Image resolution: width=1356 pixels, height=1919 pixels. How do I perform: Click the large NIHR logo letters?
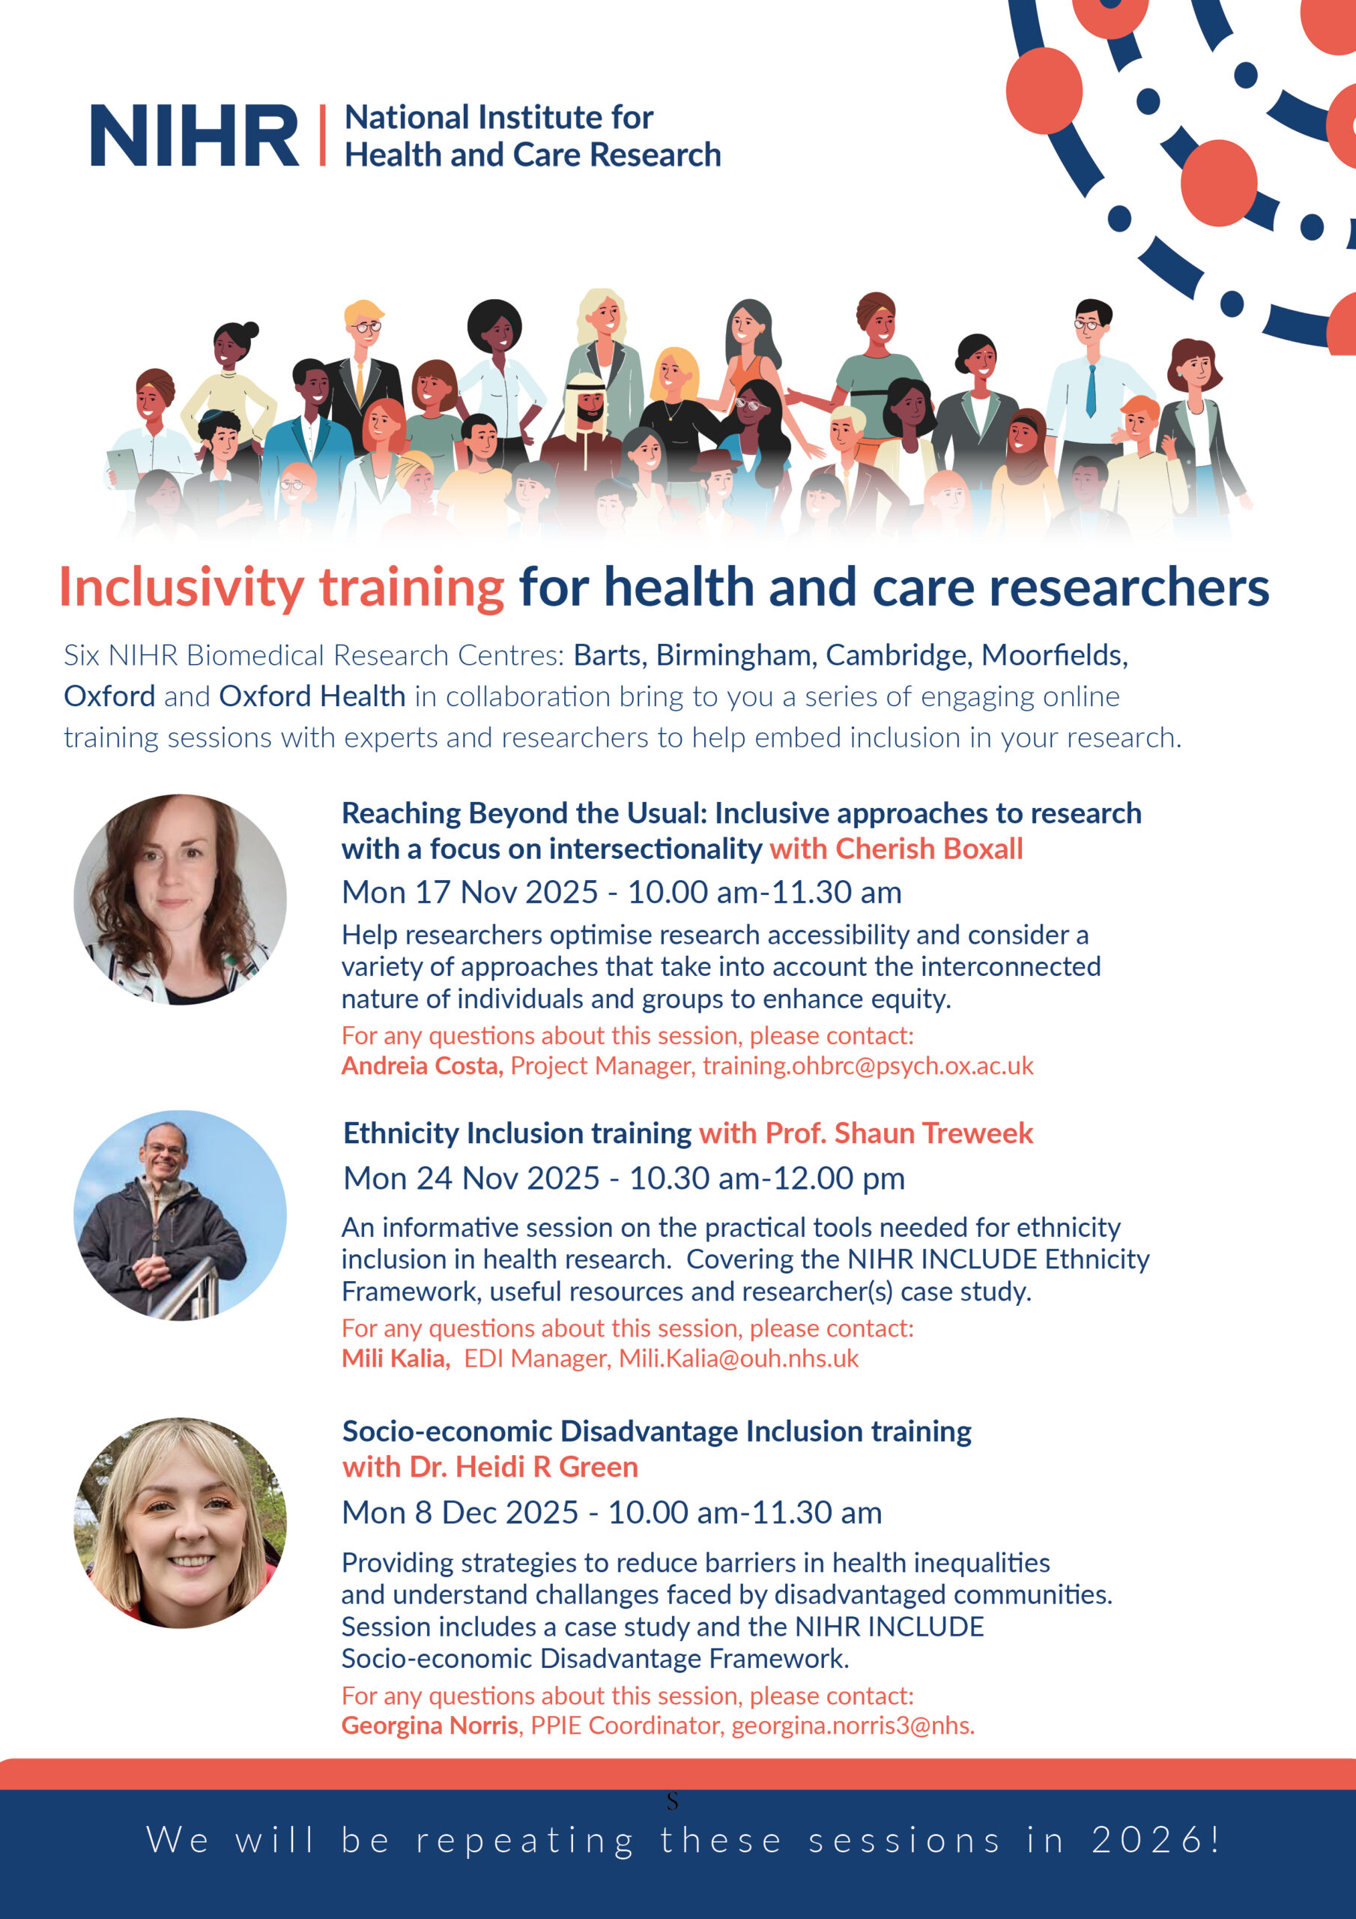coord(195,135)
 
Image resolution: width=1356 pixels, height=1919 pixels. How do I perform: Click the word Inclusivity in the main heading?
coord(181,588)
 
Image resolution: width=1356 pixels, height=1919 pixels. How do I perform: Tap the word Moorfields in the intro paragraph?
coord(1054,655)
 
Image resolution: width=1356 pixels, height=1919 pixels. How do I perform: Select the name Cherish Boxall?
coord(929,849)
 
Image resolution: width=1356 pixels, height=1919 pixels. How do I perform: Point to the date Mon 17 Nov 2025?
coord(470,893)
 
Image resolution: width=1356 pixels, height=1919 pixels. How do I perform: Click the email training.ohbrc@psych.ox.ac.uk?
coord(868,1066)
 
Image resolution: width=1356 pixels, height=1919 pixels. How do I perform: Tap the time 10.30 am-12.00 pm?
coord(767,1178)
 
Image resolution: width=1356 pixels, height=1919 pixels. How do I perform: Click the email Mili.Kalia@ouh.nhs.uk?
coord(739,1358)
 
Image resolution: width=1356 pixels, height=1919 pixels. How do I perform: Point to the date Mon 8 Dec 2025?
coord(460,1513)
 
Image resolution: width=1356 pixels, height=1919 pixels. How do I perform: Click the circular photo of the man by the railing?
coord(181,1215)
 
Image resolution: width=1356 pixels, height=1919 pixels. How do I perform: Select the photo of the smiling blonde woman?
coord(181,1522)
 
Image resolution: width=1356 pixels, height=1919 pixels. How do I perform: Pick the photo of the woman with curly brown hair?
coord(181,900)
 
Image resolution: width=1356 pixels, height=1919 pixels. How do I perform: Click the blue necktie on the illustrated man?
coord(1090,391)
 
